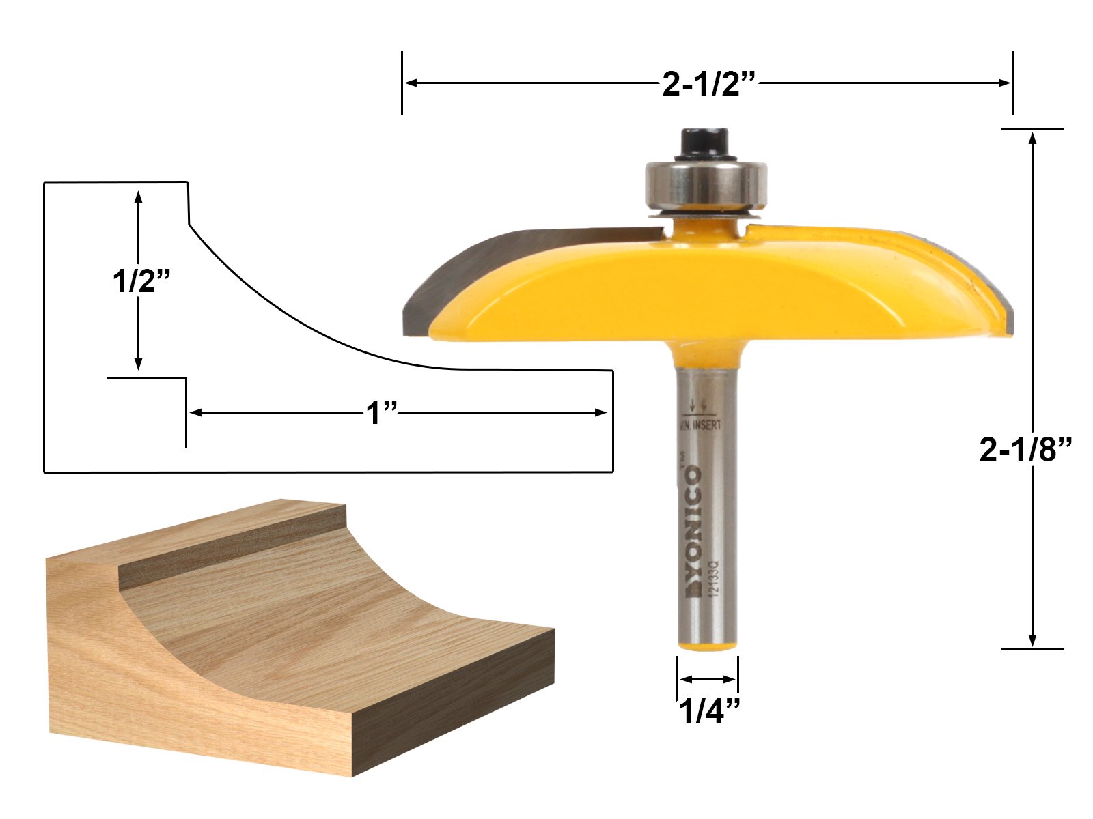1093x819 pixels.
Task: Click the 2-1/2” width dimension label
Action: pyautogui.click(x=708, y=85)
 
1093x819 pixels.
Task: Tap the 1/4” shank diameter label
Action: pyautogui.click(x=708, y=713)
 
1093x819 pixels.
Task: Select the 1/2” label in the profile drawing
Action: pyautogui.click(x=140, y=280)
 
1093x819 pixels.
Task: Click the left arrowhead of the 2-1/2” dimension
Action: pyautogui.click(x=411, y=83)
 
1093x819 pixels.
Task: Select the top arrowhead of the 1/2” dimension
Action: pyautogui.click(x=139, y=198)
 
